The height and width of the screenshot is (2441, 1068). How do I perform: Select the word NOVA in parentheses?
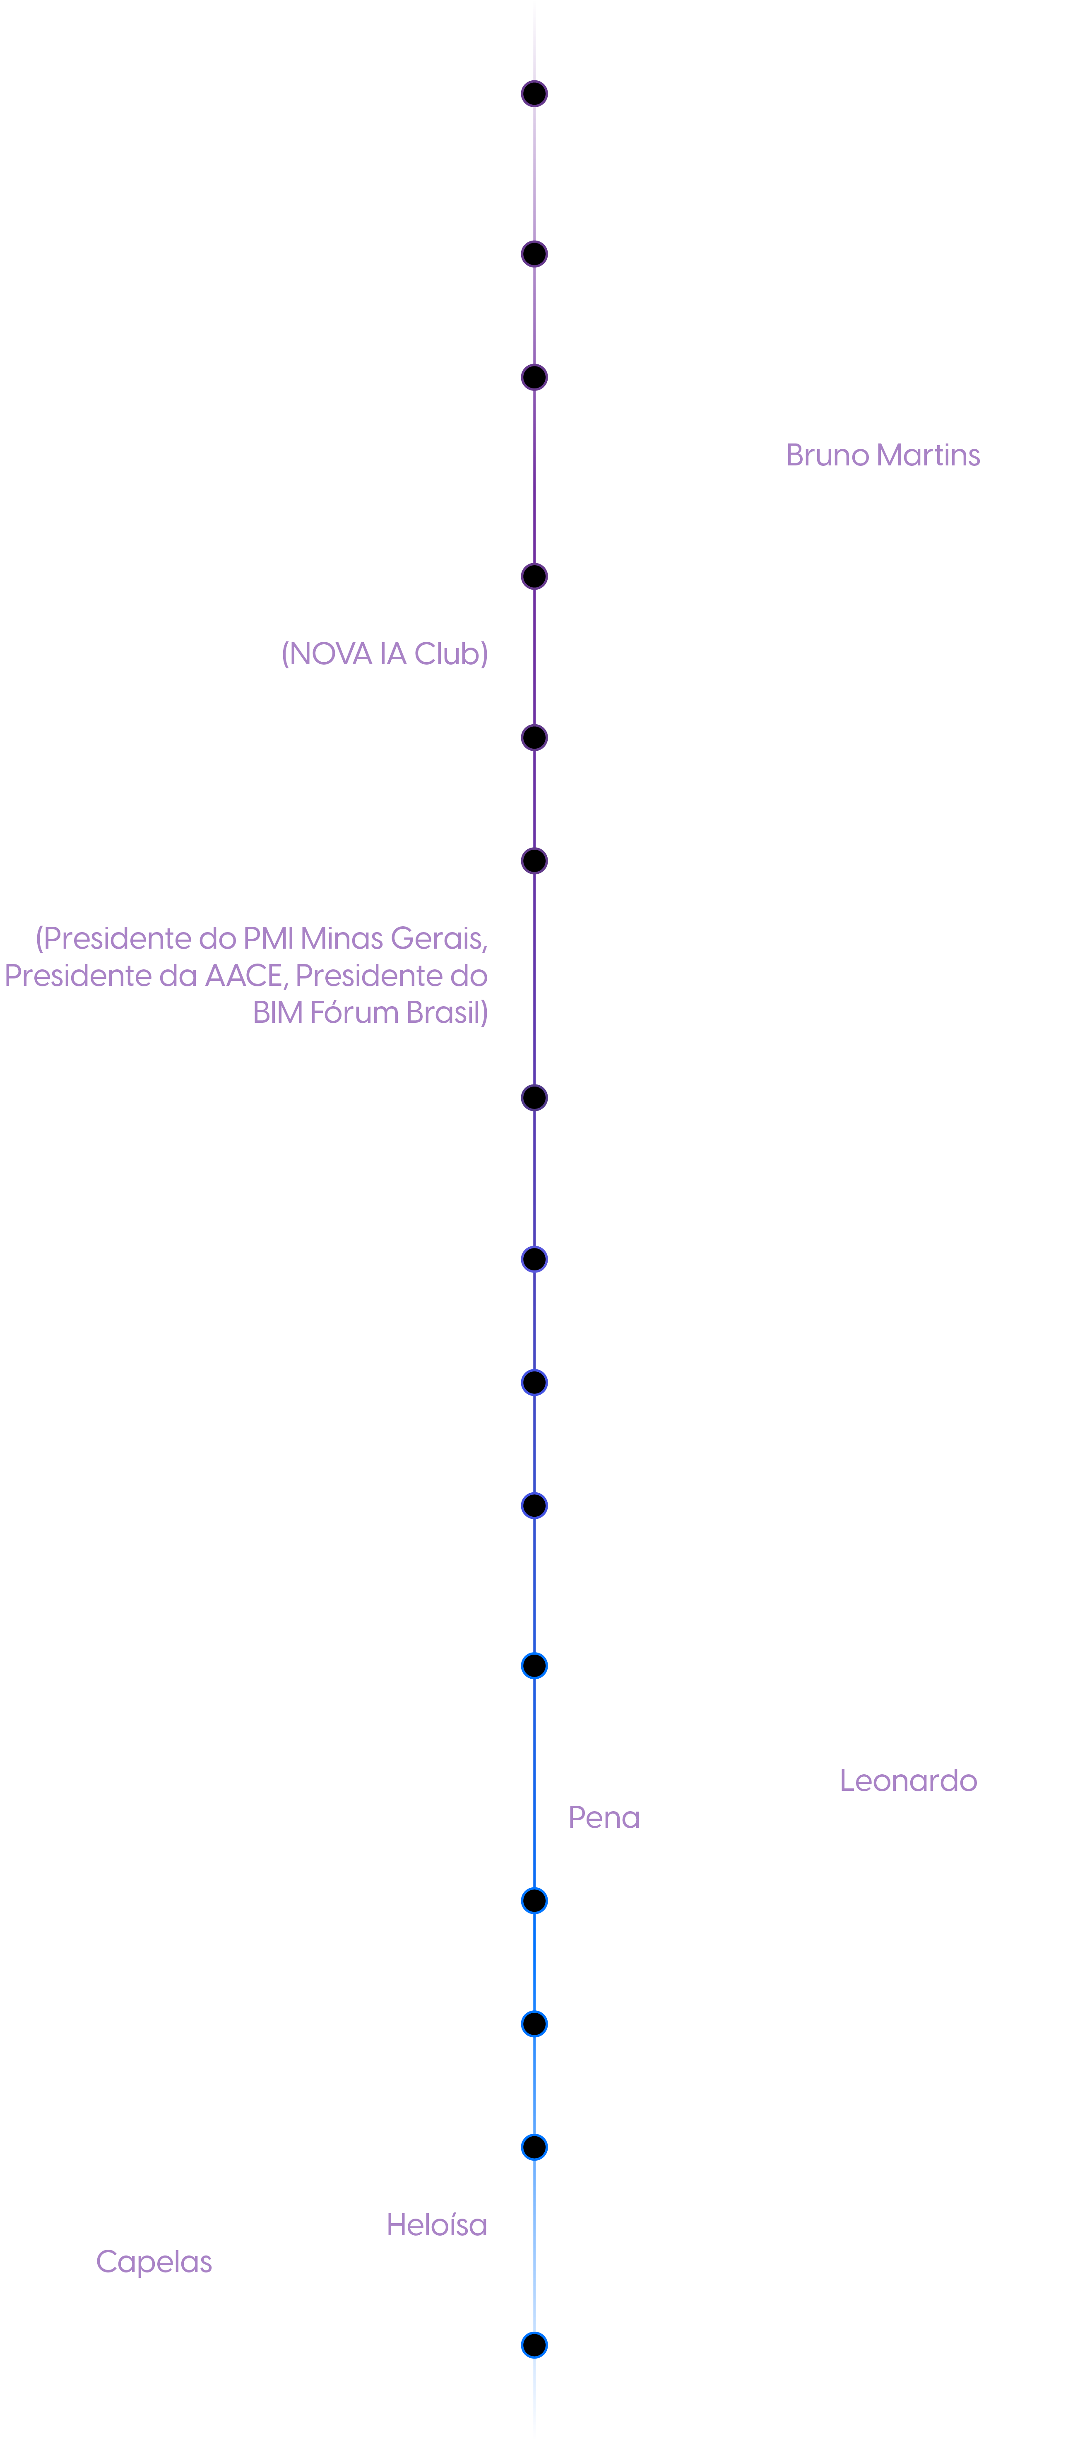(x=330, y=654)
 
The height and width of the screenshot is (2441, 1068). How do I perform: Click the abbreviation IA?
(x=392, y=654)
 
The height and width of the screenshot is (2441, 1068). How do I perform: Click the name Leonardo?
(x=908, y=1781)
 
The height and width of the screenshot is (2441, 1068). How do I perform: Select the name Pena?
(x=604, y=1817)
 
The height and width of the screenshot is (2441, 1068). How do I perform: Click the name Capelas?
(x=154, y=2262)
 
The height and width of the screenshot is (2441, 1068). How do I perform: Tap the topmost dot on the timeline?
(x=534, y=94)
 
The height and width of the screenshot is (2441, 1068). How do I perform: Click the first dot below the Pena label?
(x=534, y=1901)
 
